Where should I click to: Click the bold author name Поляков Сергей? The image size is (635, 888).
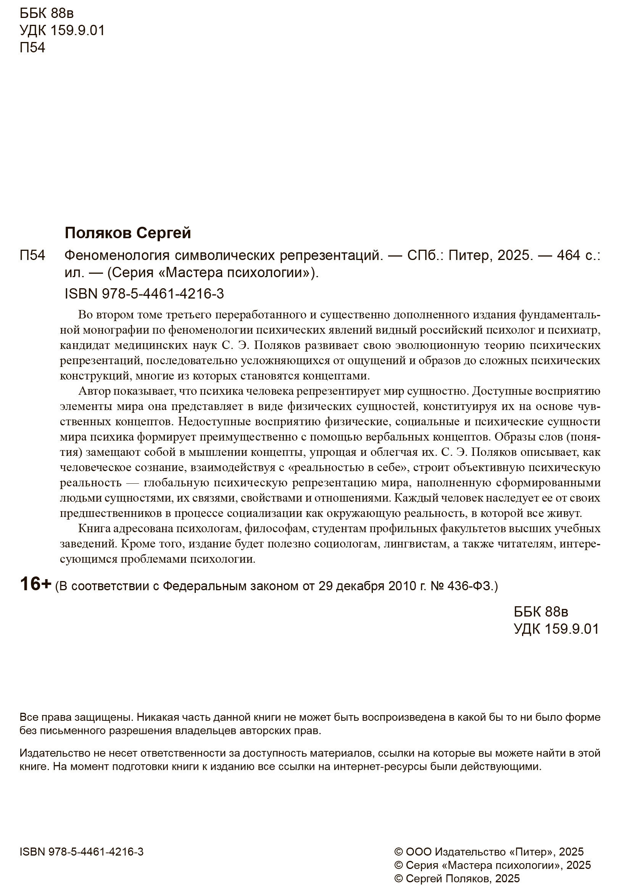[x=127, y=233]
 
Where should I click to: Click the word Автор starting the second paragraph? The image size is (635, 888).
[x=95, y=391]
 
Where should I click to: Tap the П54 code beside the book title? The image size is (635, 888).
[x=32, y=256]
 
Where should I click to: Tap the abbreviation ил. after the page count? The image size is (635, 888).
[x=74, y=273]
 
